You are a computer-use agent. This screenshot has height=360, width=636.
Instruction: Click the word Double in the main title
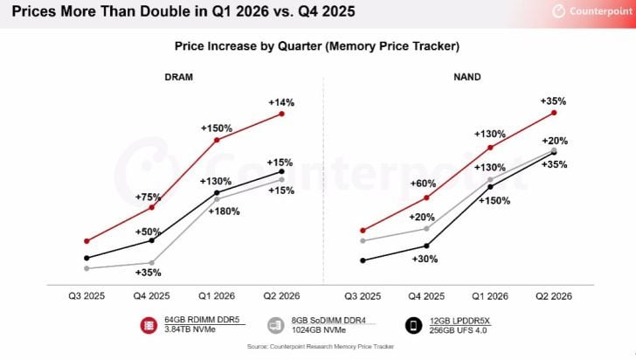(x=142, y=12)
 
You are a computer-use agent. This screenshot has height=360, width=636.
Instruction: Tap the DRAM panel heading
(x=178, y=77)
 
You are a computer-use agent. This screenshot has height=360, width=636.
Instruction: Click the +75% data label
(x=151, y=196)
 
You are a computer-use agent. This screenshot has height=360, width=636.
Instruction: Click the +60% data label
(x=425, y=183)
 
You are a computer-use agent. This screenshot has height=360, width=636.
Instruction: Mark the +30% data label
(x=425, y=259)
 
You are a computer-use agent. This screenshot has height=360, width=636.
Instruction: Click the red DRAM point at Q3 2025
(x=86, y=240)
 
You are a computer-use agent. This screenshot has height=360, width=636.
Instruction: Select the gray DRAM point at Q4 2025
(x=152, y=263)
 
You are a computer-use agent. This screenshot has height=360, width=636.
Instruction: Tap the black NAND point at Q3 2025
(x=362, y=260)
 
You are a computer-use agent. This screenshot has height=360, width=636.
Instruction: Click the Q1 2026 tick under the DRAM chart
(x=217, y=297)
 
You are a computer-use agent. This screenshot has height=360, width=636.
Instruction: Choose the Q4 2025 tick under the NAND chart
(x=426, y=297)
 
